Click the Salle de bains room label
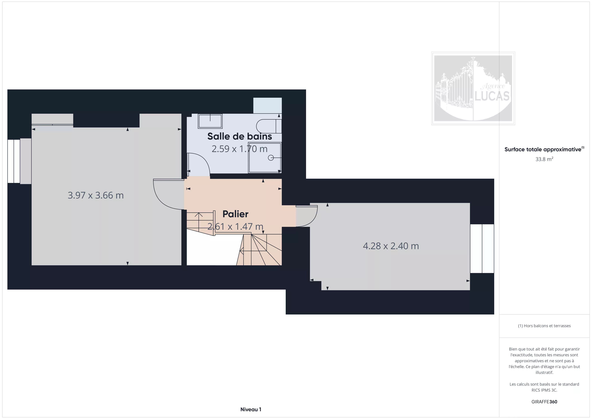coord(239,136)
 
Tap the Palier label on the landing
coord(235,214)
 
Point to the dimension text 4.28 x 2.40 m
coord(391,246)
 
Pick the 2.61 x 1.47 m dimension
coord(235,226)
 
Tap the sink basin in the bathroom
coord(210,121)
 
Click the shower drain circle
coord(271,158)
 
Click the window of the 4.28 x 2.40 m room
coord(482,248)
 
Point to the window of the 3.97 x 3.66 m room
coord(14,161)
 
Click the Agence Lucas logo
coord(473,88)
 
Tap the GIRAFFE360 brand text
coord(544,402)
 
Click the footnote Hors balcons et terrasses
coord(544,326)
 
